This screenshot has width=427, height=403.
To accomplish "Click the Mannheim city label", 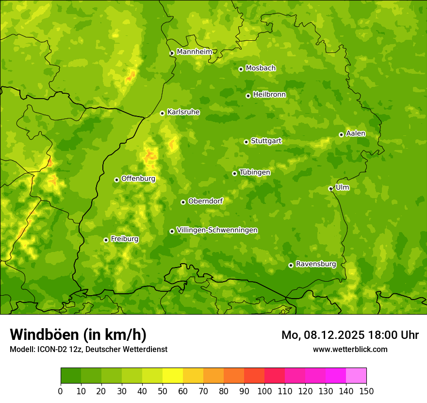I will pyautogui.click(x=194, y=52).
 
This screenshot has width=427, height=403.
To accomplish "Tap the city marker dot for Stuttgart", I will pyautogui.click(x=246, y=142).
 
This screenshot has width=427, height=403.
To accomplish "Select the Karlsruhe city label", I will pyautogui.click(x=183, y=112).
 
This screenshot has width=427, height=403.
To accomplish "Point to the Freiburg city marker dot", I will pyautogui.click(x=106, y=240).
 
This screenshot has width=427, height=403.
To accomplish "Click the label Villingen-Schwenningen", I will pyautogui.click(x=217, y=230).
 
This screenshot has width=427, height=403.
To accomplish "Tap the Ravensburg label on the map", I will pyautogui.click(x=315, y=264).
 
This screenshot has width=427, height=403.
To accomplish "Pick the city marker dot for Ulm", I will pyautogui.click(x=330, y=188).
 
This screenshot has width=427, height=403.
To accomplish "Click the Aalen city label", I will pyautogui.click(x=356, y=134).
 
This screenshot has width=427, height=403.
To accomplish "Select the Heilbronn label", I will pyautogui.click(x=269, y=95).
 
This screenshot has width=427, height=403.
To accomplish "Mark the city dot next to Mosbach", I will pyautogui.click(x=241, y=69).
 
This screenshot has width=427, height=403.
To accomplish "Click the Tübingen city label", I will pyautogui.click(x=255, y=172).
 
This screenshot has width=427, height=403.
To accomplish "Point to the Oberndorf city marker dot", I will pyautogui.click(x=183, y=202).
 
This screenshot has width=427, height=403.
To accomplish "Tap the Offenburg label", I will pyautogui.click(x=138, y=179).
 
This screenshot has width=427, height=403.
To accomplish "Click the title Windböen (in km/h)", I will pyautogui.click(x=78, y=335).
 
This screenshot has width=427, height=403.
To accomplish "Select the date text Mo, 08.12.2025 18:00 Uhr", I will pyautogui.click(x=350, y=335).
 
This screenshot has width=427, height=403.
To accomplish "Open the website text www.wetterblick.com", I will pyautogui.click(x=350, y=349).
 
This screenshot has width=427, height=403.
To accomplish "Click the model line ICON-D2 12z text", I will pyautogui.click(x=88, y=349).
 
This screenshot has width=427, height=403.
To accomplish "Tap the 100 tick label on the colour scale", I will pyautogui.click(x=264, y=391).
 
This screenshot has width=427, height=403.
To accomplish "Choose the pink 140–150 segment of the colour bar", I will pyautogui.click(x=356, y=376).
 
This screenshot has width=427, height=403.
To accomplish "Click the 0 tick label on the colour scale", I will pyautogui.click(x=61, y=391).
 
